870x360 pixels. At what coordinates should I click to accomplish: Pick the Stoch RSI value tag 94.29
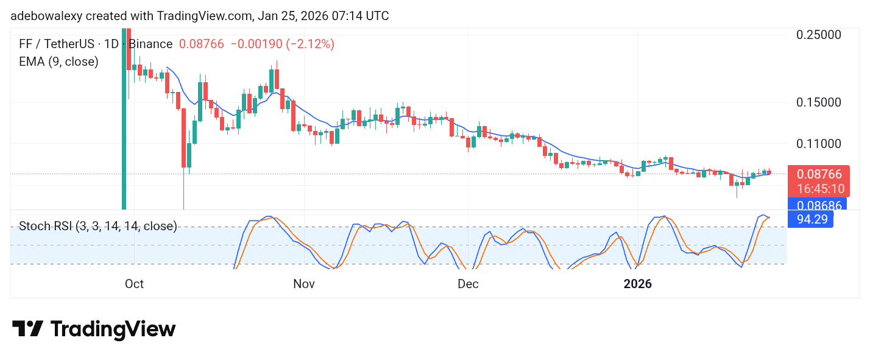pyautogui.click(x=810, y=219)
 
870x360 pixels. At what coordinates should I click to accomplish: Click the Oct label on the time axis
pyautogui.click(x=133, y=284)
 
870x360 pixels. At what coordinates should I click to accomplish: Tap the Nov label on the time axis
pyautogui.click(x=303, y=284)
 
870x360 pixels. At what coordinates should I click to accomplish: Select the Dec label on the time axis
pyautogui.click(x=468, y=284)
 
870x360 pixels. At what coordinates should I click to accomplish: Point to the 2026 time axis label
pyautogui.click(x=637, y=284)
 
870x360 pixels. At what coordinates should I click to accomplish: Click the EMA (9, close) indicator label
pyautogui.click(x=58, y=62)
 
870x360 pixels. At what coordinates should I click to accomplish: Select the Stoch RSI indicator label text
pyautogui.click(x=97, y=227)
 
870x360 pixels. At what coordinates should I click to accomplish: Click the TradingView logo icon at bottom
pyautogui.click(x=27, y=329)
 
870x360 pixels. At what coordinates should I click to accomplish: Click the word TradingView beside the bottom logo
pyautogui.click(x=113, y=330)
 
